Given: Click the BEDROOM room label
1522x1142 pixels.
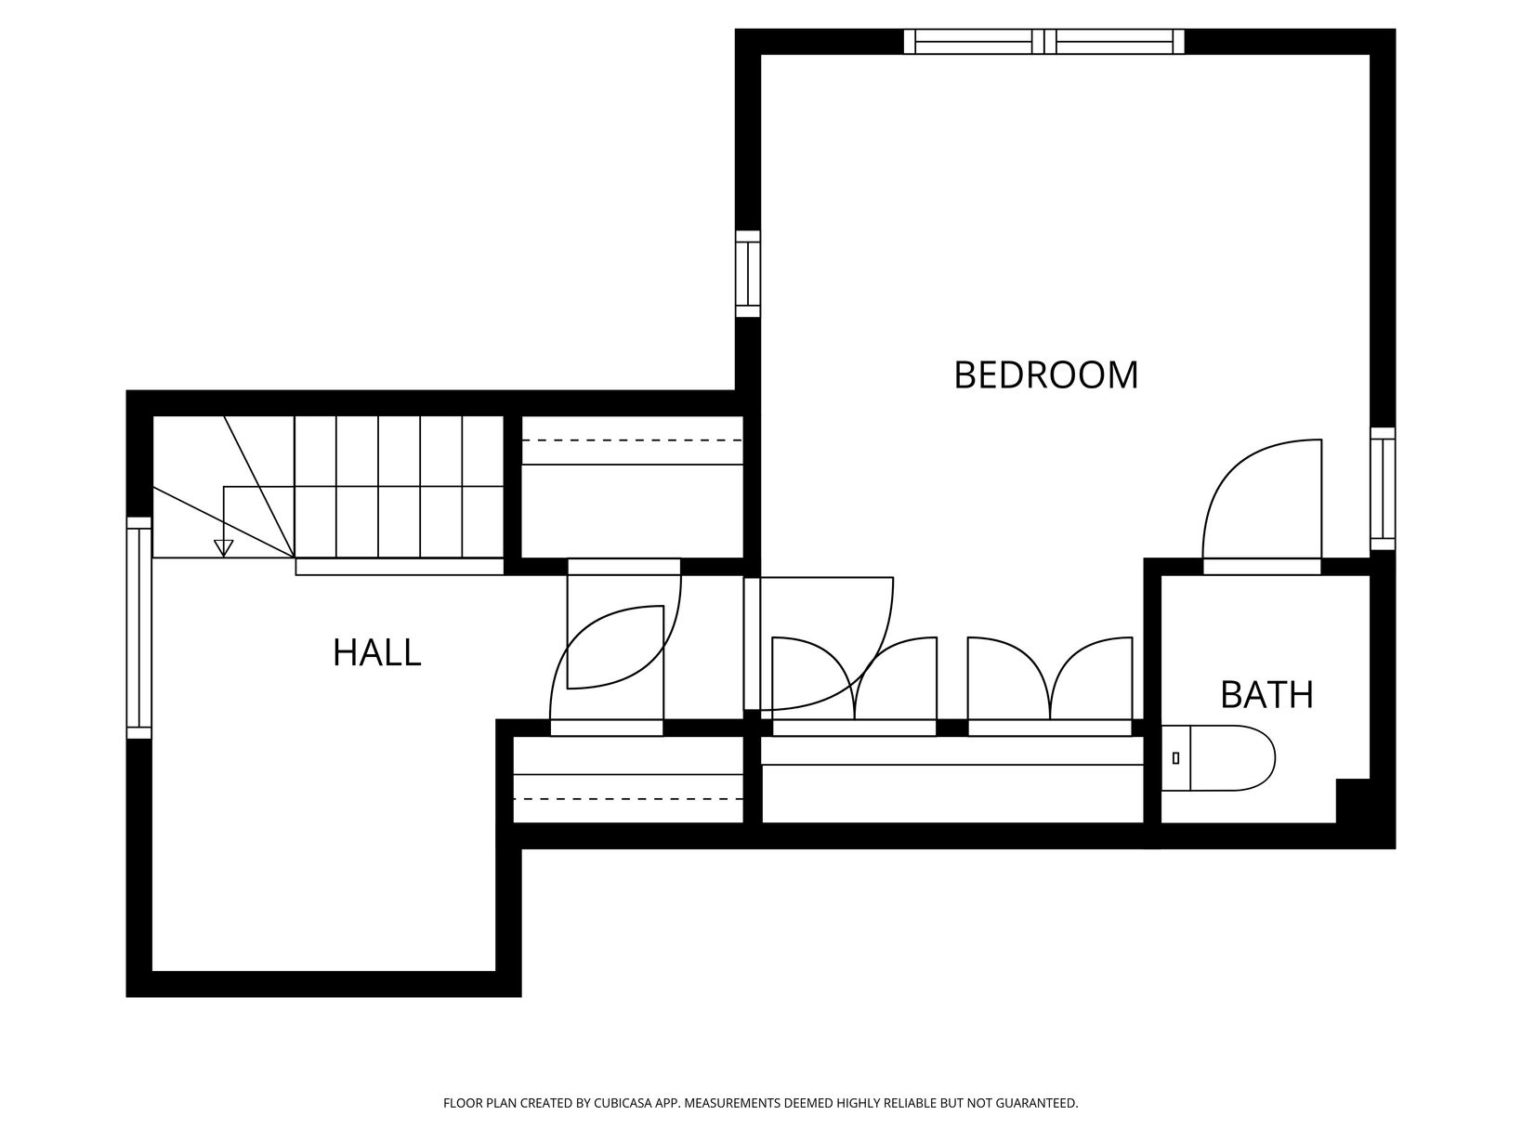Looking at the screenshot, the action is tap(1045, 375).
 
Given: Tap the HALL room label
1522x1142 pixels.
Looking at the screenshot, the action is tap(376, 653).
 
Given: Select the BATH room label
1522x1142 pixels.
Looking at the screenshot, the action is tap(1266, 695).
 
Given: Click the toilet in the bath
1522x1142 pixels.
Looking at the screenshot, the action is tap(1218, 758).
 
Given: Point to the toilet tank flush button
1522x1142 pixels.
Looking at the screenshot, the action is tap(1175, 758).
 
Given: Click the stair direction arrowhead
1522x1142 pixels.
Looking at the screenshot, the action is tap(223, 548).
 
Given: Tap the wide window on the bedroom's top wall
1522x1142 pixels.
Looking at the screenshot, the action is tap(1043, 42).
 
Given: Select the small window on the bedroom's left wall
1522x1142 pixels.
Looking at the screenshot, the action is tap(747, 274).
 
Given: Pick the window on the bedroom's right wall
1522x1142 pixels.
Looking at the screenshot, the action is tap(1383, 489).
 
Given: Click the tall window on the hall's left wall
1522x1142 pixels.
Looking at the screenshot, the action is tap(138, 627).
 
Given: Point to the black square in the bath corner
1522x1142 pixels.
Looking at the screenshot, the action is tap(1353, 801).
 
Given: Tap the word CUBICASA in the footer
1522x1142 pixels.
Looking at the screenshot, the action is tap(623, 1102).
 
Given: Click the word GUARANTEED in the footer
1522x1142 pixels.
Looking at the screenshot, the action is tap(1038, 1102).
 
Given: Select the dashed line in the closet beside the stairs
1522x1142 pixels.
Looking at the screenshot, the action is tap(632, 440).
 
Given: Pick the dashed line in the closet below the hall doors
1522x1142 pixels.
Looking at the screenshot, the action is tap(627, 799).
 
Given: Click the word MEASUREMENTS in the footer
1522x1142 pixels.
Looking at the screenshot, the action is tap(734, 1102).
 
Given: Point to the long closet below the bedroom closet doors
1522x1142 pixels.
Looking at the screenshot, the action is tap(952, 780).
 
